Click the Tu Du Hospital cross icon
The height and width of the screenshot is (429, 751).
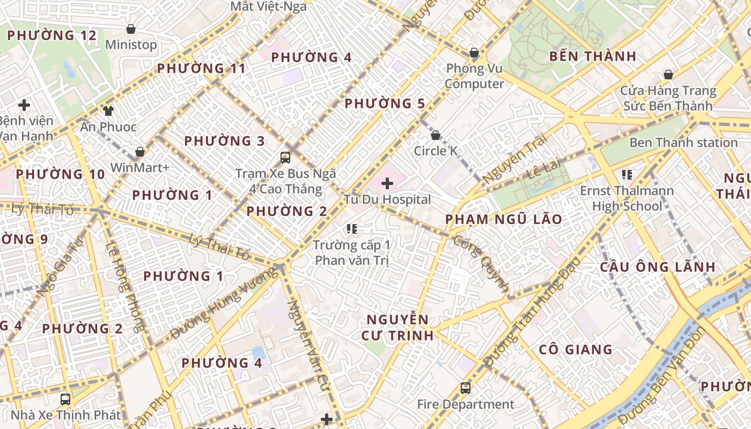(387, 184)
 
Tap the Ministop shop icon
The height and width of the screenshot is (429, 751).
(130, 29)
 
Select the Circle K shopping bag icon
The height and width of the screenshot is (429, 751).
(436, 135)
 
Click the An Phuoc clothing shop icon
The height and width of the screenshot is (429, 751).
(108, 111)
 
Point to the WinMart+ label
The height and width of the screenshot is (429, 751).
(140, 168)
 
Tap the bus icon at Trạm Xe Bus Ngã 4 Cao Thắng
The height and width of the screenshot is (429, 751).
(285, 158)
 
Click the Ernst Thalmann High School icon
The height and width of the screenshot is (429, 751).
(627, 174)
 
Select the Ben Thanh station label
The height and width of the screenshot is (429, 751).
(683, 143)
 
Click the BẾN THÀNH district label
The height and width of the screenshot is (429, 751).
(593, 56)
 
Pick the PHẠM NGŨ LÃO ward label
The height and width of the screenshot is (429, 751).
(504, 219)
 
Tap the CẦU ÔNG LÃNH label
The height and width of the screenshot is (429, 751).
(657, 267)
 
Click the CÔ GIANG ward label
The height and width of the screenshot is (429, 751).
(576, 350)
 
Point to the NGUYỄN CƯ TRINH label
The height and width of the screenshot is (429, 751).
(397, 328)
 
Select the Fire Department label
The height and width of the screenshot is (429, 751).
(466, 404)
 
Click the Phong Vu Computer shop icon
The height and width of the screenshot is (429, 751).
(474, 53)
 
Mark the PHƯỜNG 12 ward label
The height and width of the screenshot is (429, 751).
(52, 36)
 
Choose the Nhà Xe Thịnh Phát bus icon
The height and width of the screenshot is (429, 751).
(65, 400)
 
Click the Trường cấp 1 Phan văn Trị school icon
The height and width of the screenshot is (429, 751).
(352, 230)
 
